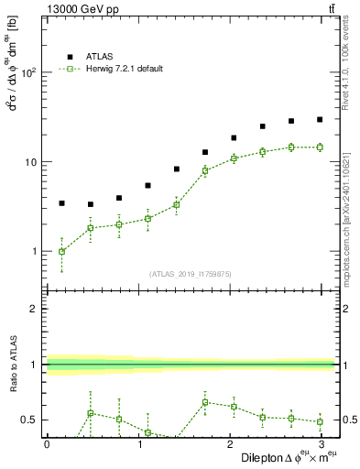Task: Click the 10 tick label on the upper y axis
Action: [30, 162]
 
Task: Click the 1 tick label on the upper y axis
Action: [35, 251]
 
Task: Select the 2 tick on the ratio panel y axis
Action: [35, 309]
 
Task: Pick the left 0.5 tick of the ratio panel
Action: [30, 420]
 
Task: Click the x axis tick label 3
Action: [321, 443]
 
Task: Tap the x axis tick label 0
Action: [46, 443]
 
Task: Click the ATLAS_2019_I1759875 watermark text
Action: [191, 273]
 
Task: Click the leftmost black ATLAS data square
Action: [61, 203]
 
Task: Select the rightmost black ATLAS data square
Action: [320, 119]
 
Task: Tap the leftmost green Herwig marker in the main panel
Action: [61, 251]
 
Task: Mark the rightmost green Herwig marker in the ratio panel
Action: [320, 421]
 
